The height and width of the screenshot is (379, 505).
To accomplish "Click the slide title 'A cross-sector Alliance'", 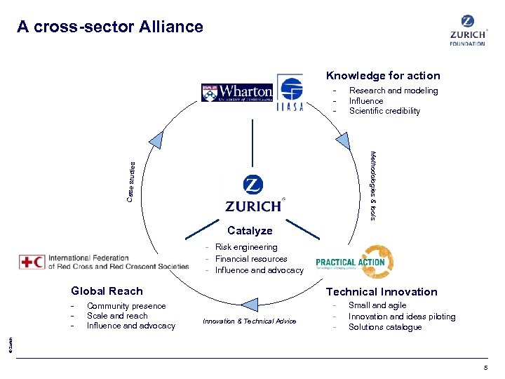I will click(110, 27).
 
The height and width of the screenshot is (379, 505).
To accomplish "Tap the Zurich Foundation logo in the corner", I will click(467, 30).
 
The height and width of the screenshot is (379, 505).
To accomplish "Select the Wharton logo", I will click(237, 93).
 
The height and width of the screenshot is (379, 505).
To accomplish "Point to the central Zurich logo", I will click(252, 194).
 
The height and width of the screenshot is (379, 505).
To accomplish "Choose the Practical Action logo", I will click(354, 262).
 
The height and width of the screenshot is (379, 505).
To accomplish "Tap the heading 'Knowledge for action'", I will click(382, 76).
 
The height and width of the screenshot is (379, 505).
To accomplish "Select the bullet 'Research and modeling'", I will click(393, 91).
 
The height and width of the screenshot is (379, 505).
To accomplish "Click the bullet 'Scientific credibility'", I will click(384, 111).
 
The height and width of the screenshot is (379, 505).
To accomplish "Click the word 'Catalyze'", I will click(250, 231).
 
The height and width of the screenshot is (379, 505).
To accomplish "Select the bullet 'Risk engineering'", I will click(246, 247).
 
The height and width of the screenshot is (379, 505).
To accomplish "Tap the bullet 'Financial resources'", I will click(251, 259).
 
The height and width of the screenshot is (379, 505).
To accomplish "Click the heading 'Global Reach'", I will click(107, 291).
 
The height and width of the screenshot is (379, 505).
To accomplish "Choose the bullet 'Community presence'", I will click(126, 306).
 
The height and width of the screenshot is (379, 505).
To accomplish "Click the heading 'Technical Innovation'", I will click(381, 292).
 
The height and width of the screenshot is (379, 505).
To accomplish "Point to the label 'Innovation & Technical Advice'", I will click(249, 321).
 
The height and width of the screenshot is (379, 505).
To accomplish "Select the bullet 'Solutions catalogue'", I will click(385, 327).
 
